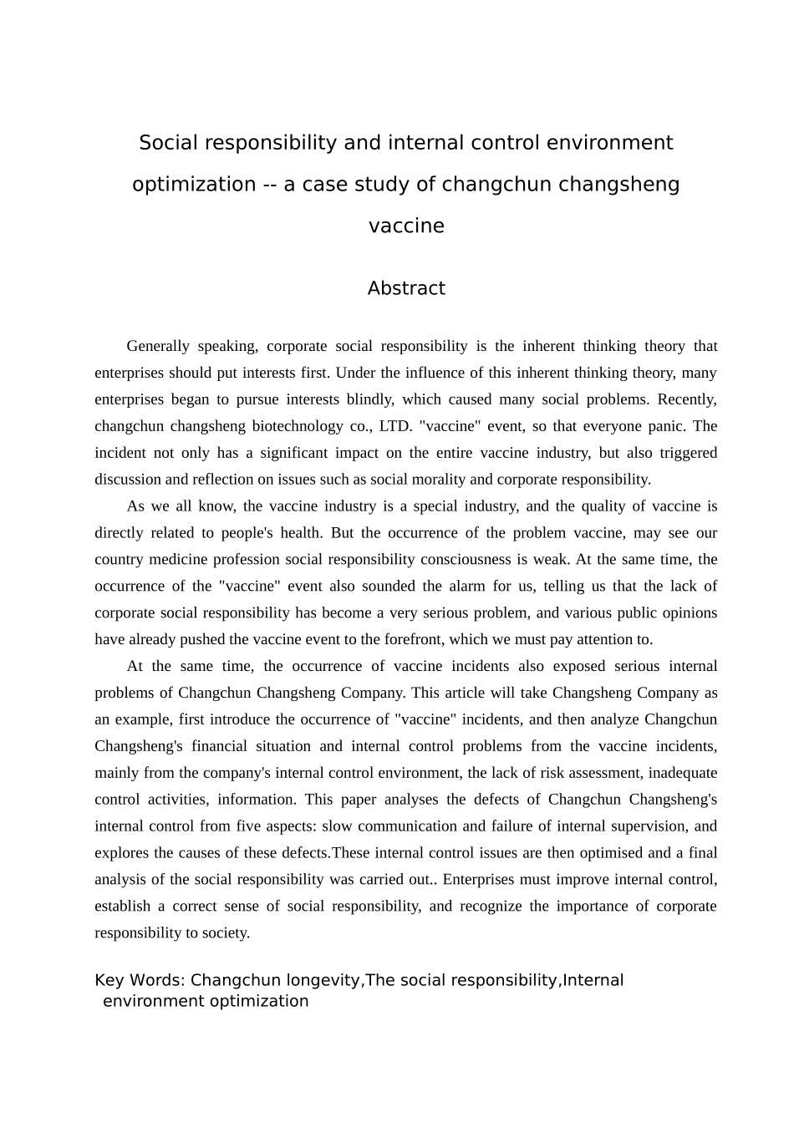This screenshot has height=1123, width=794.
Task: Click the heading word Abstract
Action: tap(406, 288)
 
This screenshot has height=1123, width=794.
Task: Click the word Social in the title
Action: tap(168, 143)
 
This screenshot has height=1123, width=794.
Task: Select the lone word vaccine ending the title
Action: tap(406, 226)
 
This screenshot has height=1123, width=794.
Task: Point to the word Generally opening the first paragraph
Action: tap(158, 346)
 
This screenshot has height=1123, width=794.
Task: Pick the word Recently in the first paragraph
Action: tap(687, 399)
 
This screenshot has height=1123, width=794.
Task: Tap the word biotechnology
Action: tap(297, 426)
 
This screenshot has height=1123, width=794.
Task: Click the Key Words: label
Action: tap(140, 980)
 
